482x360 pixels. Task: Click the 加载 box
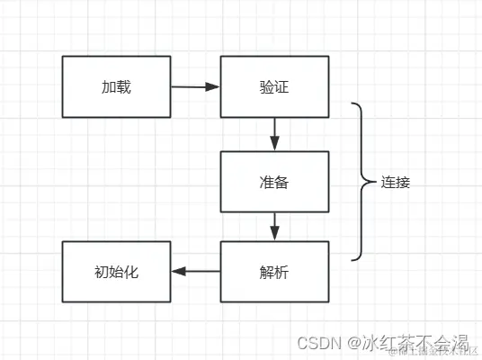coord(115,87)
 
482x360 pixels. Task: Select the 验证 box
coord(274,87)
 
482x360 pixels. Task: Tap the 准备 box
coord(274,181)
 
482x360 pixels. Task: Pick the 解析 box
coord(274,271)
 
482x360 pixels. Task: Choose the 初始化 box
coord(115,271)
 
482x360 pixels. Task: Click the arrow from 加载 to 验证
coord(195,87)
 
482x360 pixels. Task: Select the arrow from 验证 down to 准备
coord(275,134)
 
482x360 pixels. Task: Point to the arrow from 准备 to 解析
coord(275,226)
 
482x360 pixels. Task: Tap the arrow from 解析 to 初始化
coord(195,271)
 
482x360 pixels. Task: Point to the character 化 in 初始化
coord(129,271)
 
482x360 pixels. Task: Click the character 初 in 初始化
coord(101,271)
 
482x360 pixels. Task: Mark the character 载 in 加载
coord(122,87)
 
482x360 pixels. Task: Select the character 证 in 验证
coord(281,87)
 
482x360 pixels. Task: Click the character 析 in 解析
coord(281,271)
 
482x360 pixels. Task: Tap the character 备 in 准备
coord(281,181)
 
